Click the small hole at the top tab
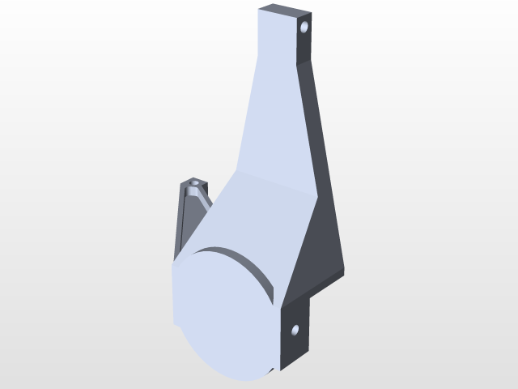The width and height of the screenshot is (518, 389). click(304, 27)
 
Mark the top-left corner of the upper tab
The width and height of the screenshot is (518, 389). click(259, 10)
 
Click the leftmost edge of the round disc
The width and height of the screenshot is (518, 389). click(172, 300)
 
